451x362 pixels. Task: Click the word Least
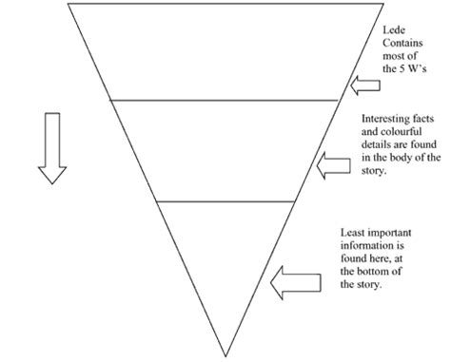click(x=354, y=231)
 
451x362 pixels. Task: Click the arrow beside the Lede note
click(x=365, y=87)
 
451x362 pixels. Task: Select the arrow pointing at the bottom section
click(x=291, y=280)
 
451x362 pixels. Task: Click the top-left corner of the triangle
click(x=69, y=4)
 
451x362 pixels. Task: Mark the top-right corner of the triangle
click(x=380, y=4)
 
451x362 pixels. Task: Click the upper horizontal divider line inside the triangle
click(x=225, y=99)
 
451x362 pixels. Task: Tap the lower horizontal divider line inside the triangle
click(x=225, y=201)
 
